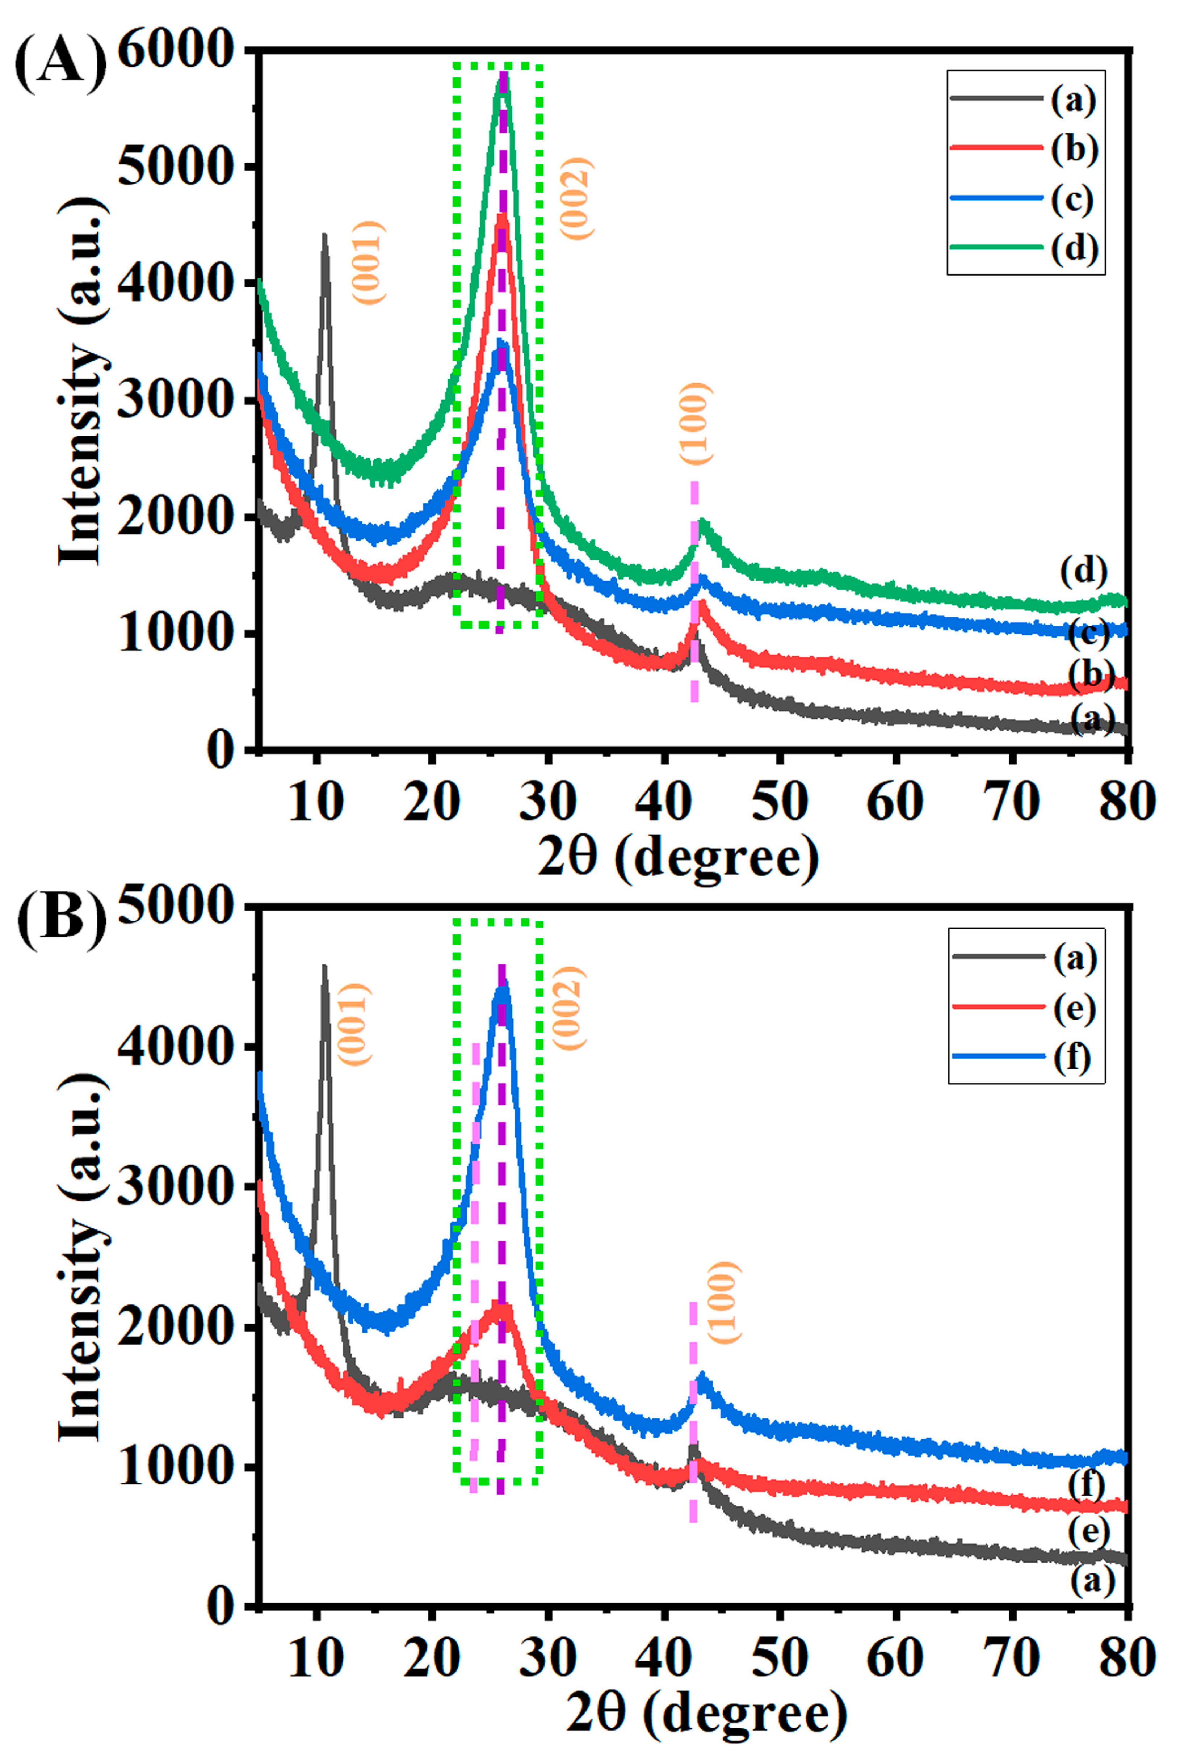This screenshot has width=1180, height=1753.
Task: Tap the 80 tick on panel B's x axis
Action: click(x=1126, y=1657)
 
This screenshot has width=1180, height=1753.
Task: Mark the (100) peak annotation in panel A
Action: click(x=694, y=424)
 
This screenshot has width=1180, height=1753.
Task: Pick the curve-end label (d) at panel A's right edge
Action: click(x=1084, y=572)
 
